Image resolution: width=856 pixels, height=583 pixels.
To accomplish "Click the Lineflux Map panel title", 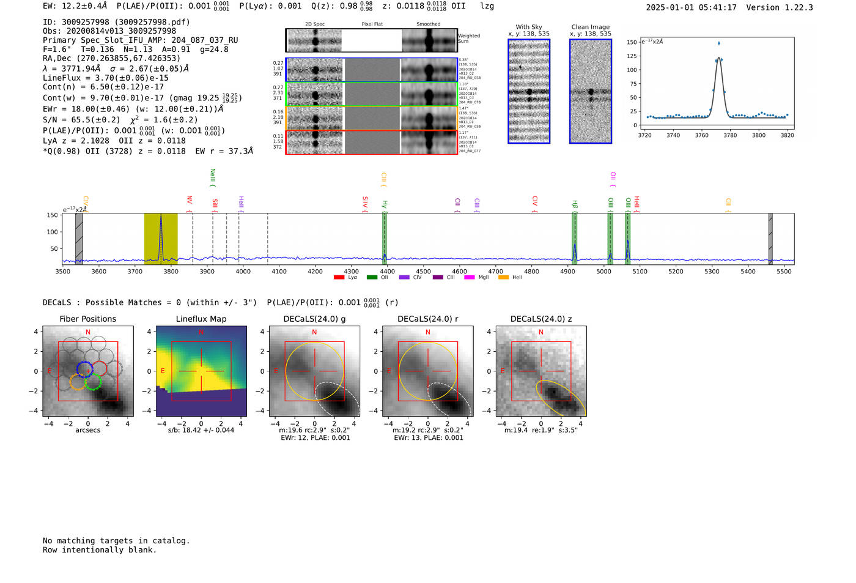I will click(x=201, y=319).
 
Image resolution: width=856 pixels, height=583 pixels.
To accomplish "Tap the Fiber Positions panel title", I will click(x=87, y=319).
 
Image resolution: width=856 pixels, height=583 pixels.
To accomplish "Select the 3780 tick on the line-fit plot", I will click(x=730, y=135).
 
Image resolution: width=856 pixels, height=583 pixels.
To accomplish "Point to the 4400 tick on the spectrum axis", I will click(x=387, y=272).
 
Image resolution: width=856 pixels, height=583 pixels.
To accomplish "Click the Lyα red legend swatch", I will click(x=339, y=278).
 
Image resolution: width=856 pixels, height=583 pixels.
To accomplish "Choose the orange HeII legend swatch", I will click(x=503, y=278).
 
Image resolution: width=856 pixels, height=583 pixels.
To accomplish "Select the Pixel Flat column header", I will click(x=372, y=24).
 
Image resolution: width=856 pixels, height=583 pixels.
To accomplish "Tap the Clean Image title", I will click(x=590, y=27).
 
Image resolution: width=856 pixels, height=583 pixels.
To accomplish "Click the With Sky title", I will click(x=528, y=27).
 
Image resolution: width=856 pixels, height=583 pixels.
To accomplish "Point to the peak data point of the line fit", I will click(x=719, y=43).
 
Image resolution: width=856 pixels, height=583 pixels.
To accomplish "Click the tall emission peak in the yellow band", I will click(x=161, y=217).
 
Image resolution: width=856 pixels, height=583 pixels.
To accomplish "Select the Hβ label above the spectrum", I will click(x=575, y=204).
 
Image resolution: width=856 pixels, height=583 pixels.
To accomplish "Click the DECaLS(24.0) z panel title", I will click(x=541, y=319).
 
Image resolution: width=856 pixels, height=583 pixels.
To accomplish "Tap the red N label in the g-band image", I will click(x=314, y=332).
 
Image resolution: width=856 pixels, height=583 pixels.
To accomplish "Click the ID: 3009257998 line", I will click(x=116, y=22).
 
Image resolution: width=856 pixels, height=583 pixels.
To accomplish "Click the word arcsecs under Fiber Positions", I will click(x=87, y=430).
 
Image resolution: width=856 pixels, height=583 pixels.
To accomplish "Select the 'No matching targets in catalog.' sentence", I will click(x=116, y=541).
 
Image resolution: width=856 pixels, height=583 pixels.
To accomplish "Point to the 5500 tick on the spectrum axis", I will click(x=784, y=272).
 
